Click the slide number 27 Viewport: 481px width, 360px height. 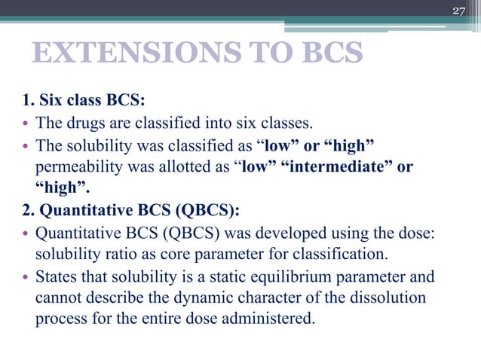coord(459,10)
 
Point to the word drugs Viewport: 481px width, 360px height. coord(83,124)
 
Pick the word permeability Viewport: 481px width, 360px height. coord(78,166)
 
